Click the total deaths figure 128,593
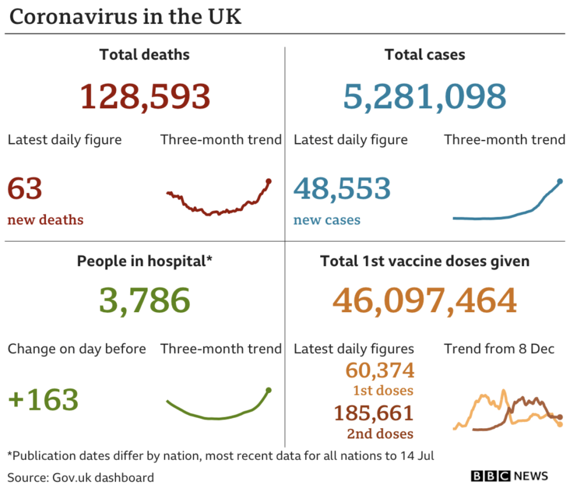tap(145, 96)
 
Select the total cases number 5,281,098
tap(424, 96)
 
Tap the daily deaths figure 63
tap(25, 189)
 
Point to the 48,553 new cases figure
tap(342, 189)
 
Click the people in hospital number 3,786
tap(144, 301)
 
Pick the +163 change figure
tap(43, 399)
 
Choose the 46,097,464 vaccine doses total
tap(424, 301)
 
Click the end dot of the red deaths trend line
tap(269, 181)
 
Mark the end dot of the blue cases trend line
tap(560, 181)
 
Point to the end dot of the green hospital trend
tap(269, 390)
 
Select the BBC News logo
tap(510, 476)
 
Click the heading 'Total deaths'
tap(145, 54)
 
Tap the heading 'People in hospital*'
tap(145, 261)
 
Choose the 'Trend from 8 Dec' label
tap(499, 349)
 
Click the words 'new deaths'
tap(45, 220)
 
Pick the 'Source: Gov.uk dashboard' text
tap(81, 477)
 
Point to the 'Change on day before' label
tap(77, 349)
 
